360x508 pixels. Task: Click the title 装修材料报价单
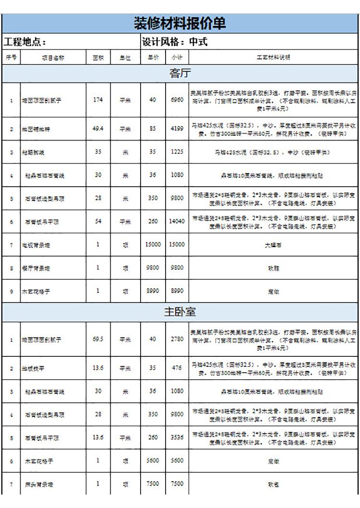tap(180, 24)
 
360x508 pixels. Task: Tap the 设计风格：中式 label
tap(175, 42)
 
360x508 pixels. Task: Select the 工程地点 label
tap(25, 42)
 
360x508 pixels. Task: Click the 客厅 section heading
tap(180, 73)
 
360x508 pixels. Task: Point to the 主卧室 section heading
tap(180, 312)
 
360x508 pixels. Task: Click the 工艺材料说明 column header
tap(274, 58)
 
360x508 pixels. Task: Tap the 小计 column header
tap(177, 58)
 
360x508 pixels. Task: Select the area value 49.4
tap(98, 129)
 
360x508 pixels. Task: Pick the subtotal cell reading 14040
tap(177, 221)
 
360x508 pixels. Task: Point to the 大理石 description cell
tap(274, 245)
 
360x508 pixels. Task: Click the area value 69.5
tap(98, 339)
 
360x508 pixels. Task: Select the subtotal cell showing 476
tap(177, 368)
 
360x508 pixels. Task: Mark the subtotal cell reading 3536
tap(177, 437)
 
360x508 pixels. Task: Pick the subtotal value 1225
tap(177, 152)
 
